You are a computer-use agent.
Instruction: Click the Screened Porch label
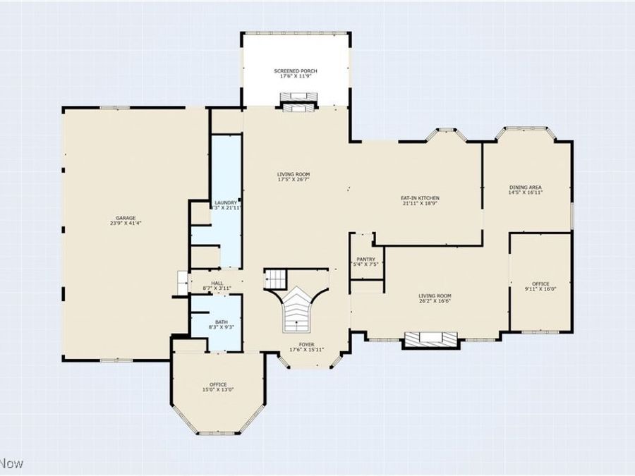tap(296, 72)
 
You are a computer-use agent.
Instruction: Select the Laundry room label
tap(226, 203)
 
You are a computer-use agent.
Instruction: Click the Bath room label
tap(217, 323)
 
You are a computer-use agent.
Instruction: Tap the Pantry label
tap(365, 259)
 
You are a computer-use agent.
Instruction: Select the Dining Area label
tap(526, 188)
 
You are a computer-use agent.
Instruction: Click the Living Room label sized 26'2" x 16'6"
tap(435, 296)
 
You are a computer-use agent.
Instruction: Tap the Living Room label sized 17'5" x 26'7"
tap(294, 174)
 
